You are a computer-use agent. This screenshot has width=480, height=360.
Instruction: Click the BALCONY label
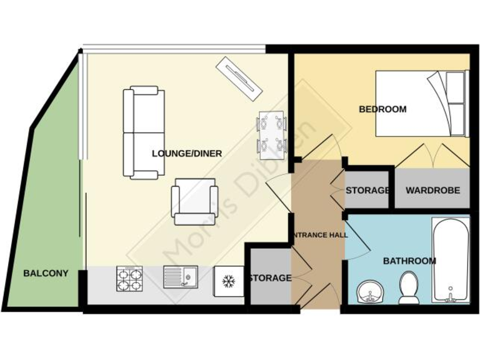(x=46, y=273)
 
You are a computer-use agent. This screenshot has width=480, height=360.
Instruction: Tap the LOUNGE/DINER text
(x=187, y=153)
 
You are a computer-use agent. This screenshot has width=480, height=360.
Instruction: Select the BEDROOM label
(x=382, y=109)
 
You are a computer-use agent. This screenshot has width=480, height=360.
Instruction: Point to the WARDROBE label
(x=432, y=190)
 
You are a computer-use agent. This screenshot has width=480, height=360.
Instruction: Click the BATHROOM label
(x=409, y=261)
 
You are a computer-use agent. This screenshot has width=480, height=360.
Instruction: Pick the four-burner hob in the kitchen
(x=129, y=279)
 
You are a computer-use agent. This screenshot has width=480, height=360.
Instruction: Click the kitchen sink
(x=181, y=277)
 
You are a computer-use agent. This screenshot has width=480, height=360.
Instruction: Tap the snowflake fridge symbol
(x=228, y=282)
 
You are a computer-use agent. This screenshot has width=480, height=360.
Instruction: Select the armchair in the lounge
(x=195, y=201)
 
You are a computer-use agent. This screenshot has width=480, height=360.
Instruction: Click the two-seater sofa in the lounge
(x=144, y=132)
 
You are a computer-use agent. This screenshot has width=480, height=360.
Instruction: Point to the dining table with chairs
(x=272, y=133)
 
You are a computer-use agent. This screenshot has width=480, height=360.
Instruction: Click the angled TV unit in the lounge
(x=237, y=77)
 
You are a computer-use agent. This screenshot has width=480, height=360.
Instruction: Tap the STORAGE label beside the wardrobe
(x=367, y=190)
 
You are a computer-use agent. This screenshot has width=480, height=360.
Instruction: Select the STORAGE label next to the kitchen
(x=270, y=277)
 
